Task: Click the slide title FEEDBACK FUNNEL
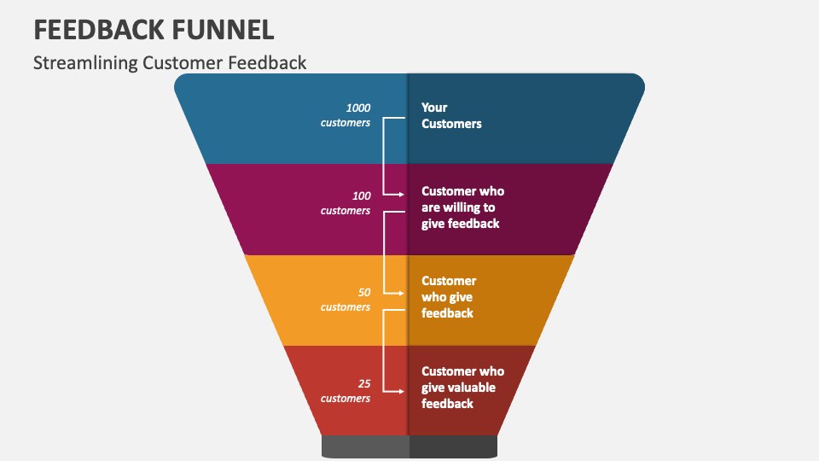click(x=154, y=29)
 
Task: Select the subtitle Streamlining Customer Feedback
click(x=170, y=62)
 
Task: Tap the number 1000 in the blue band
click(x=357, y=108)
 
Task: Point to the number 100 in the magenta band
click(x=361, y=195)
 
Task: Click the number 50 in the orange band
click(x=364, y=292)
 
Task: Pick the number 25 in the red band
click(x=364, y=383)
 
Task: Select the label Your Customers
click(x=451, y=115)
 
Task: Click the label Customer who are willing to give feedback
click(x=462, y=207)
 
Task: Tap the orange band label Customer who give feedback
click(x=449, y=297)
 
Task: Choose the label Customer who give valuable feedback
click(x=462, y=387)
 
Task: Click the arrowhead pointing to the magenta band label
click(x=400, y=195)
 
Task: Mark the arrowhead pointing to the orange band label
click(x=400, y=293)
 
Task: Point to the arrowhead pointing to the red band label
click(x=400, y=391)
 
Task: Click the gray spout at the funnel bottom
click(x=409, y=446)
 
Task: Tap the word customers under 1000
click(x=346, y=123)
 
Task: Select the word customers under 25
click(x=346, y=399)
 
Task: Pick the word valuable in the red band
click(x=472, y=388)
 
